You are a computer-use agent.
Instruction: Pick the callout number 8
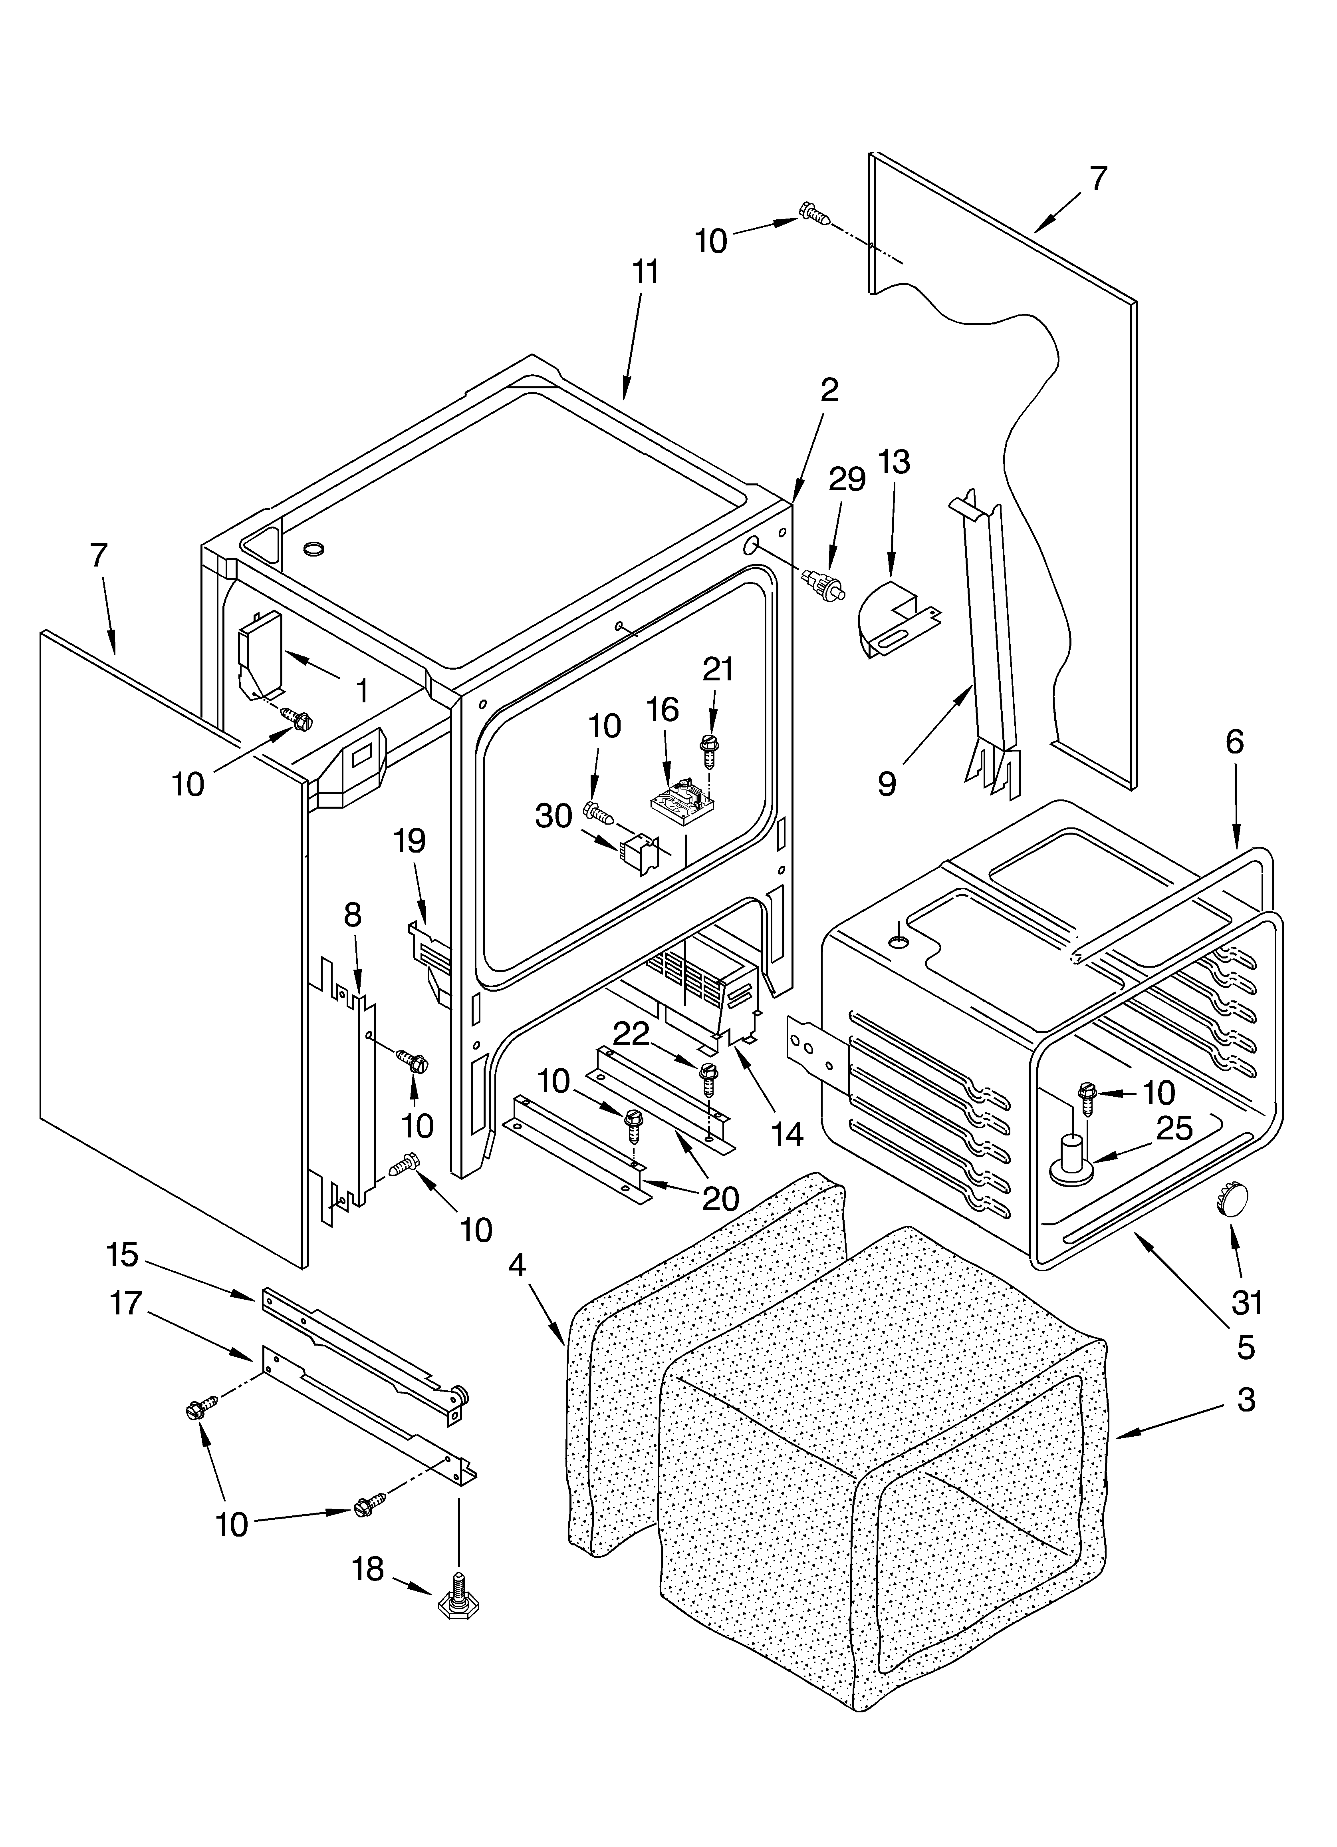[352, 915]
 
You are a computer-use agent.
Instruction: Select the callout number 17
[126, 1304]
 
